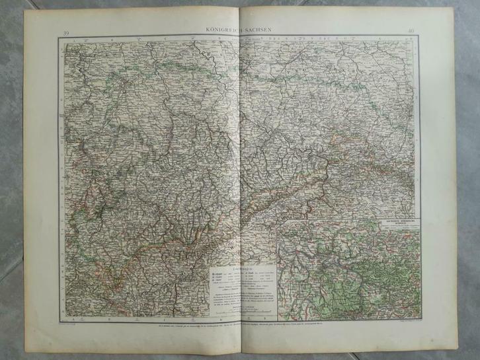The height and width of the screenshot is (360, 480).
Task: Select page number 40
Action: (411, 30)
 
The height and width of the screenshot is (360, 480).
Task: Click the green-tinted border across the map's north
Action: (198, 66)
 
